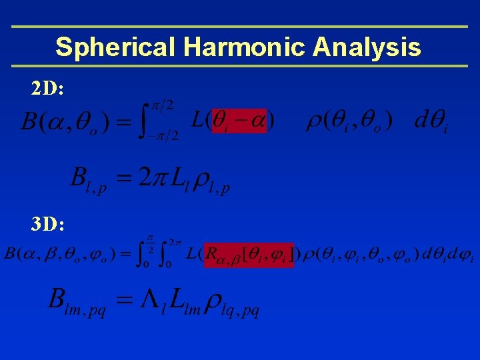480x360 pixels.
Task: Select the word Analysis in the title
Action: click(x=367, y=47)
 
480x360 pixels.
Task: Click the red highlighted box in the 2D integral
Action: click(x=239, y=121)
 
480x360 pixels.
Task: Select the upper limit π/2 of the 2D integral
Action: click(x=161, y=106)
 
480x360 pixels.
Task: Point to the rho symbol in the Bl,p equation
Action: click(x=201, y=181)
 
